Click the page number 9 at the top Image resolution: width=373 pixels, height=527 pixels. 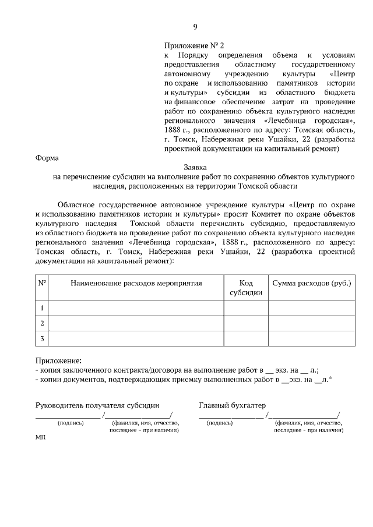pos(195,27)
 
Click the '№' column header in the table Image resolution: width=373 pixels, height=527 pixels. pos(43,284)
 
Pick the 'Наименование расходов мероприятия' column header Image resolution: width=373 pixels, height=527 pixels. pos(136,284)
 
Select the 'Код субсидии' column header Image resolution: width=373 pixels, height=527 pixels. pos(246,288)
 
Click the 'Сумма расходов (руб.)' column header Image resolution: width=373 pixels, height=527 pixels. pos(312,284)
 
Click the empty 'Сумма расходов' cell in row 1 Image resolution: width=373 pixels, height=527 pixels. pos(312,307)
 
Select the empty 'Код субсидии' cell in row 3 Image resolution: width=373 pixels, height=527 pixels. pos(246,338)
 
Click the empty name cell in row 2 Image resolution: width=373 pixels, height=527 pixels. pos(136,323)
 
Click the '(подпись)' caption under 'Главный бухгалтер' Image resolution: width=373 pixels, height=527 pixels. pos(220,423)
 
